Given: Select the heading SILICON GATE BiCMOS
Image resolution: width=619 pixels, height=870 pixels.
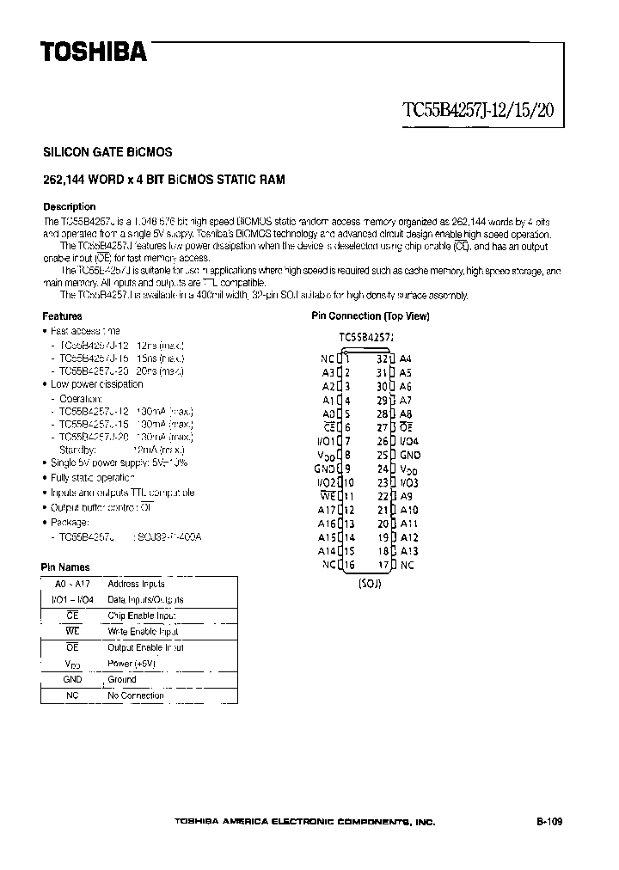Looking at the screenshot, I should click(x=107, y=152).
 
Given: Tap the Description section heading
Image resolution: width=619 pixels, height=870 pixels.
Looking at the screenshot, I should click(x=70, y=206).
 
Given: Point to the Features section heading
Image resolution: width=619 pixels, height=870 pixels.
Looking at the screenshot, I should click(x=63, y=316).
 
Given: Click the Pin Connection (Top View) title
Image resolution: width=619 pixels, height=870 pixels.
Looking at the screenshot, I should click(x=370, y=316).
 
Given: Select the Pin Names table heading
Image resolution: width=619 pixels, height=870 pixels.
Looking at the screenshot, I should click(x=65, y=567).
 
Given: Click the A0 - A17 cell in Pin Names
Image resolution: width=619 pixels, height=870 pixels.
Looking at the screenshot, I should click(x=72, y=584).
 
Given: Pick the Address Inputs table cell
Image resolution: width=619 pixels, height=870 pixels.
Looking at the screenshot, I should click(x=136, y=584).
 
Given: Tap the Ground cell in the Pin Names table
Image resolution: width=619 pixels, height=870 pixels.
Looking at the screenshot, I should click(x=121, y=679).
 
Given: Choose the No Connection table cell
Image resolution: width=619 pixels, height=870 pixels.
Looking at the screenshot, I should click(x=135, y=695).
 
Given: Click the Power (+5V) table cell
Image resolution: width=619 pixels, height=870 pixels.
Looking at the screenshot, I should click(x=132, y=664).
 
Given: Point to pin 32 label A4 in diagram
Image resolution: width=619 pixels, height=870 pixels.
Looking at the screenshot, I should click(x=406, y=358).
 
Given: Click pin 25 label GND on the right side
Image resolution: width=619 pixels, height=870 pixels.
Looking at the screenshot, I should click(x=410, y=455).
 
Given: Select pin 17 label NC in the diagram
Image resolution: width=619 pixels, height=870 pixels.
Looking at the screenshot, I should click(x=407, y=565).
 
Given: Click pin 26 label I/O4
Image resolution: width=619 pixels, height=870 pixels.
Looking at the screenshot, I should click(x=410, y=441).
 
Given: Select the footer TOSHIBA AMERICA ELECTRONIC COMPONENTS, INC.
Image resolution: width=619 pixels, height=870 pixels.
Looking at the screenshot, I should click(x=304, y=823).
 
